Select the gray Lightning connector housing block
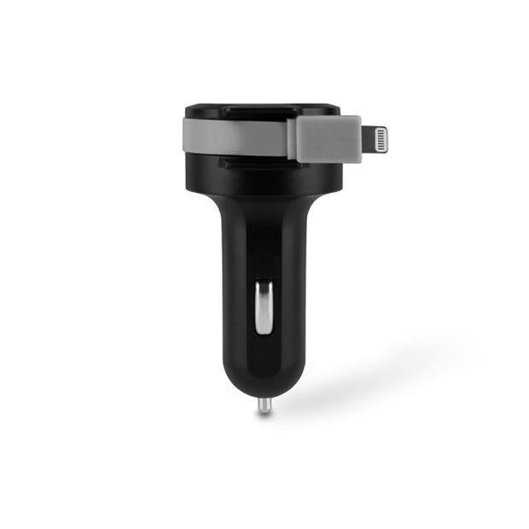click(x=324, y=139)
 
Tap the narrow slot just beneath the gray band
click(x=247, y=160)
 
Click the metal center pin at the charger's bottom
click(x=264, y=404)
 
